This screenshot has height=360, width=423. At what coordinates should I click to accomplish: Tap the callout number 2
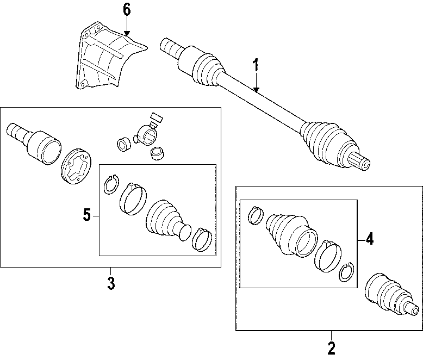coord(331,346)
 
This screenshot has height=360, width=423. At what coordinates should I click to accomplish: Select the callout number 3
coord(111,283)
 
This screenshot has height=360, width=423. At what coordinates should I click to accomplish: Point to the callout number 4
coord(369,239)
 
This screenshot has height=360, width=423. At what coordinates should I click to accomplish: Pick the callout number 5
coord(87,215)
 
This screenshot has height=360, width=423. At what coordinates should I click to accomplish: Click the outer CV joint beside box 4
coord(390,297)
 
